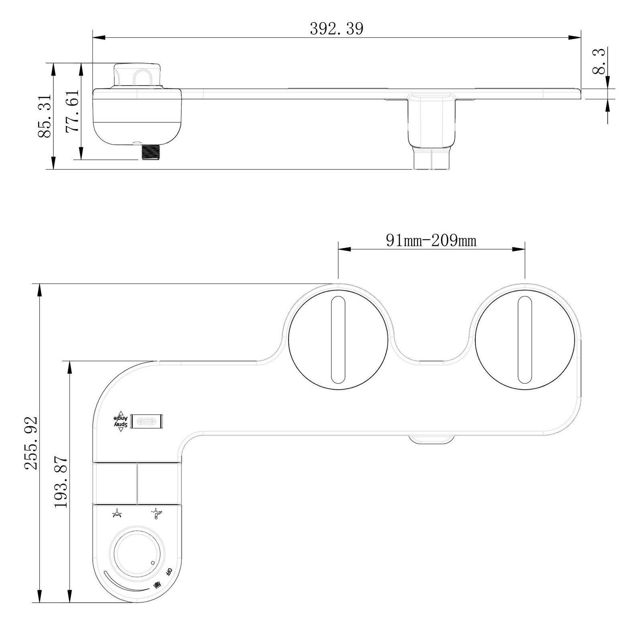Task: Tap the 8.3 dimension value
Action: pos(599,61)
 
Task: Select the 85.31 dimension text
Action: pos(44,116)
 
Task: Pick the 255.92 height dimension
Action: pos(31,442)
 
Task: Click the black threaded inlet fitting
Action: pos(151,152)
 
